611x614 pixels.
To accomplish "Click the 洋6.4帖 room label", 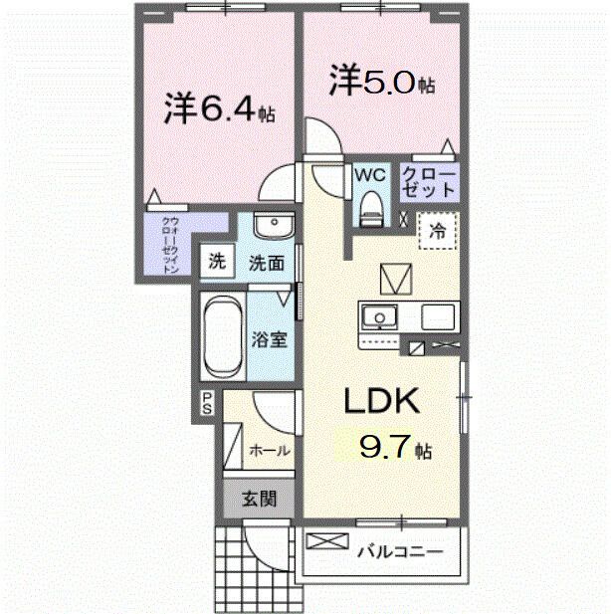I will coord(219,108).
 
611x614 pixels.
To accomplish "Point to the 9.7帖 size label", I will coord(394,448).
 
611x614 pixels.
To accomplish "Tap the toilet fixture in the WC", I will coord(370,206).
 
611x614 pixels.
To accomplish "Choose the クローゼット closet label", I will coord(429,182).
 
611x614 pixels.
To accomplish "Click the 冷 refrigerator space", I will coord(436,231).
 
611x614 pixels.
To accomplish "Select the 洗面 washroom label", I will coord(267,263).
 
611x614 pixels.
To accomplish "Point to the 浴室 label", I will coord(269,338).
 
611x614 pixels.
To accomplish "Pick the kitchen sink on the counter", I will coord(378,317).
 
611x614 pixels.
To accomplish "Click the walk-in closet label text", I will coord(170,244).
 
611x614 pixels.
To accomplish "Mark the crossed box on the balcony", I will coord(322,544).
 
